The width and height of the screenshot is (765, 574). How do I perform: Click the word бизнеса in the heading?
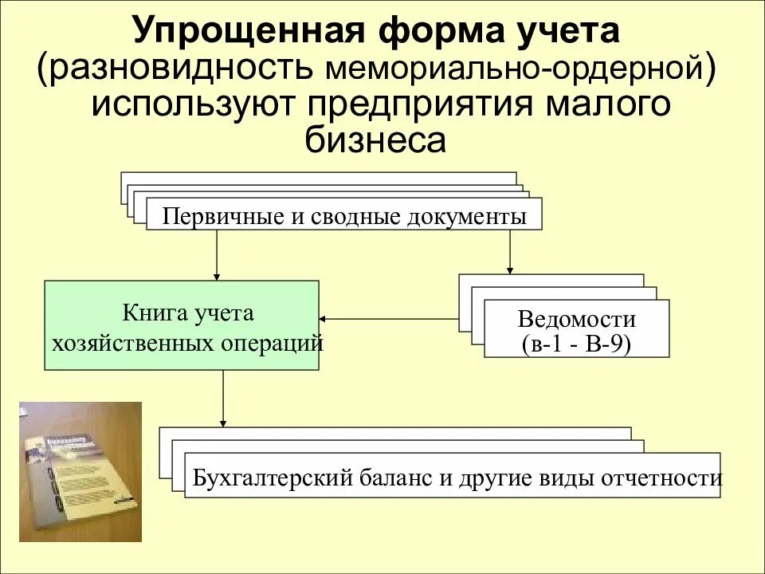click(375, 140)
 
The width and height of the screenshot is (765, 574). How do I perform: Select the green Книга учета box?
click(182, 324)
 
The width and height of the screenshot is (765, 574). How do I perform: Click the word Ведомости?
click(576, 320)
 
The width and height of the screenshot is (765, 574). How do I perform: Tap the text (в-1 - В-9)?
click(576, 345)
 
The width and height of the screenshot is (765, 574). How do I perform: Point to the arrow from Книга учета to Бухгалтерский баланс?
click(222, 399)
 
